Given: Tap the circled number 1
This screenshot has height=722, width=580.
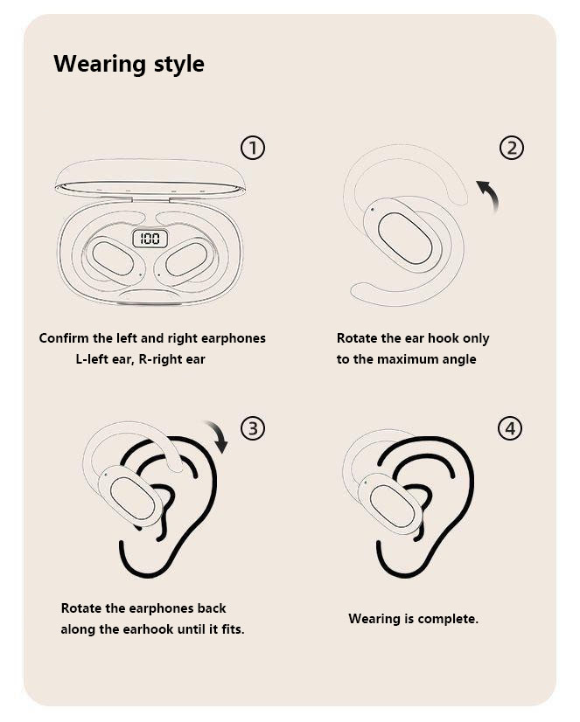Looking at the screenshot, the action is click(253, 148).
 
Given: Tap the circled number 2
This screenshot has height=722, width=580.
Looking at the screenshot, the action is click(512, 148).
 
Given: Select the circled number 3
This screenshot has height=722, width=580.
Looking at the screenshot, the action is click(253, 428).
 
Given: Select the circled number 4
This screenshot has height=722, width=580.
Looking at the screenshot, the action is click(510, 428).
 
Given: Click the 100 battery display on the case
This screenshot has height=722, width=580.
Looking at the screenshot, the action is click(150, 239).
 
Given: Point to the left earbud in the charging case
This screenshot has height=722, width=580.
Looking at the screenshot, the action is click(112, 258).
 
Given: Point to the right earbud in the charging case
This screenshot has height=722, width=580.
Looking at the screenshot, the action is click(186, 259).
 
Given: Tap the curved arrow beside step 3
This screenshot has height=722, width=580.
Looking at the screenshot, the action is click(219, 434).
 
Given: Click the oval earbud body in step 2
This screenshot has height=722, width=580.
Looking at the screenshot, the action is click(404, 238).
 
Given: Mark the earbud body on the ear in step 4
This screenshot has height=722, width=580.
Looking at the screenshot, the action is click(391, 504).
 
